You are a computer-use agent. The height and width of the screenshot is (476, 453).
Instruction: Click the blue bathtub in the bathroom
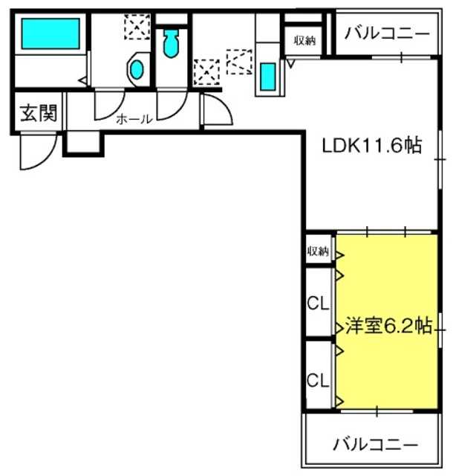click(x=50, y=33)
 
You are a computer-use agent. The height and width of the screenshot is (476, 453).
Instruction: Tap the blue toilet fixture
click(x=171, y=43)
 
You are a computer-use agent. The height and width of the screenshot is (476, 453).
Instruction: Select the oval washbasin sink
click(x=137, y=69)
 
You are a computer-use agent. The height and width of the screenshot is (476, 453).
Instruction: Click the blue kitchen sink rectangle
click(x=268, y=77)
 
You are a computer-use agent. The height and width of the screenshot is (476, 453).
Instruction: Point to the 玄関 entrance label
click(x=39, y=113)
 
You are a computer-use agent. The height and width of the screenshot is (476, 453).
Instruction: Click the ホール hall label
click(x=134, y=119)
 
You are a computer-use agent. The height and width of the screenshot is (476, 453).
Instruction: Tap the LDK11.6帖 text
click(x=371, y=146)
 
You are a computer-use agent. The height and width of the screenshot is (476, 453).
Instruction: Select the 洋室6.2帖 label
click(x=388, y=326)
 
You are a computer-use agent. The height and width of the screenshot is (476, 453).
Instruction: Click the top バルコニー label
click(x=387, y=33)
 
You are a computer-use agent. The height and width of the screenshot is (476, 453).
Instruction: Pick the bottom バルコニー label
click(x=375, y=445)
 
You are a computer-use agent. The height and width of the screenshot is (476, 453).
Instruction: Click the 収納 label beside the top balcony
click(x=304, y=40)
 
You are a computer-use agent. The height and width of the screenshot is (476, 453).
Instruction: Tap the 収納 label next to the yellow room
click(x=318, y=251)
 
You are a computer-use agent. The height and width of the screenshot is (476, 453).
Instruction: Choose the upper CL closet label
click(x=318, y=303)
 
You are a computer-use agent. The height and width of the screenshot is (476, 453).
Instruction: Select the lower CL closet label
click(x=318, y=380)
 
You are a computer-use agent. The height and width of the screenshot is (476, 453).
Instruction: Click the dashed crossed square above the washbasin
click(x=137, y=27)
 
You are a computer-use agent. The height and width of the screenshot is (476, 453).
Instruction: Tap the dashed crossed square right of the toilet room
click(x=206, y=72)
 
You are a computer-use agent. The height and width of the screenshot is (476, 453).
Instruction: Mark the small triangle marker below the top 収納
click(x=291, y=64)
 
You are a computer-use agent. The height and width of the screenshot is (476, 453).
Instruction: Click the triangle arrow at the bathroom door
click(x=82, y=80)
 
